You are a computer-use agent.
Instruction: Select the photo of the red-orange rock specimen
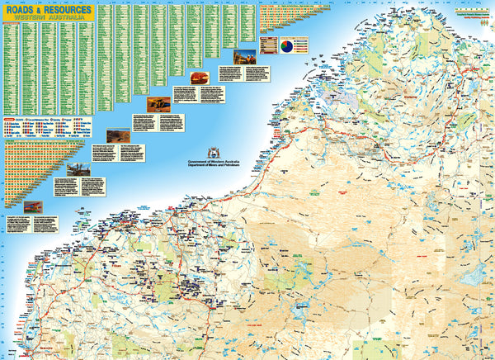click(x=198, y=78)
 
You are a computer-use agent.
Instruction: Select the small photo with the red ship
click(x=34, y=206)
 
